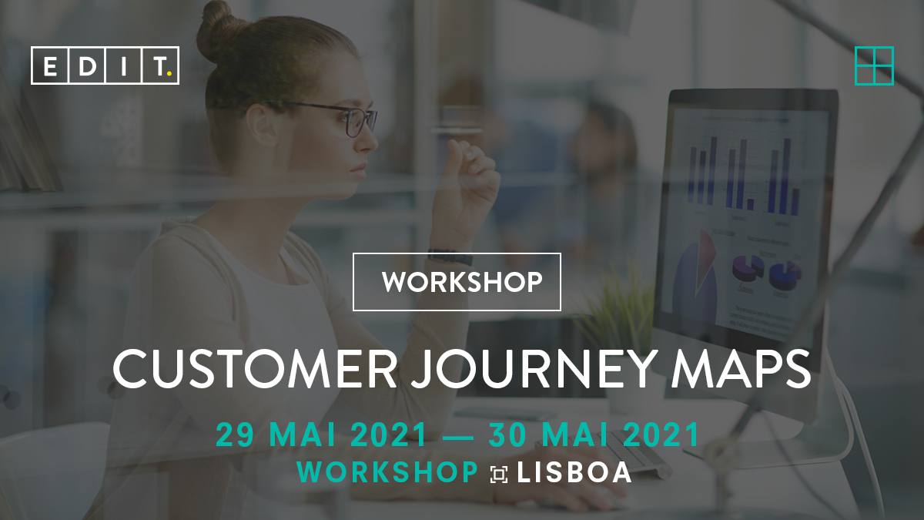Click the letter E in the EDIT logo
(x=50, y=66)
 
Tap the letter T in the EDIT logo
(x=160, y=66)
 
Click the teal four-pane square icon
(x=874, y=65)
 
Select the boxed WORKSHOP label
(x=457, y=282)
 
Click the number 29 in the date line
(x=236, y=435)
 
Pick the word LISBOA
(x=575, y=472)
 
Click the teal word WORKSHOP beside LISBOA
(x=387, y=472)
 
